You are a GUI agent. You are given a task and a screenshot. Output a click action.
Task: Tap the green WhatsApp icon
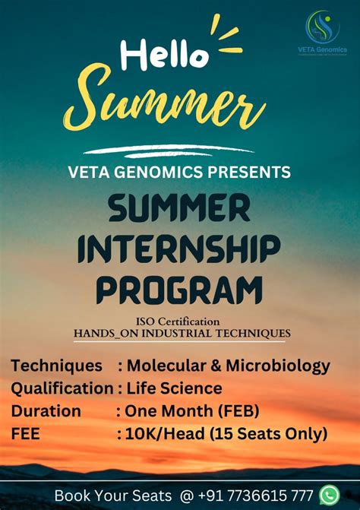(328, 495)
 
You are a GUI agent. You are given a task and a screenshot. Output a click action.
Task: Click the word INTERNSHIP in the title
(179, 247)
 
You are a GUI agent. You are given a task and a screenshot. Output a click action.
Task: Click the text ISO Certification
(179, 321)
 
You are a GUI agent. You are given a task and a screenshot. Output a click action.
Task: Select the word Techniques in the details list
(56, 366)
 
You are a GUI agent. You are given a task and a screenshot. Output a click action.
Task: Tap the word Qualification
(62, 388)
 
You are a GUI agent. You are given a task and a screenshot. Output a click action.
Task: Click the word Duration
(46, 411)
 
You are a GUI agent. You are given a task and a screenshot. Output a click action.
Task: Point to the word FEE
(26, 434)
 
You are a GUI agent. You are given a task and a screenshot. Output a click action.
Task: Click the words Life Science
(175, 388)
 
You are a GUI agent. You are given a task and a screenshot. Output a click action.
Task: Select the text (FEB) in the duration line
(238, 411)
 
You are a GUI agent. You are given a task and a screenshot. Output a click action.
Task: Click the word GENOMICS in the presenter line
(156, 173)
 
